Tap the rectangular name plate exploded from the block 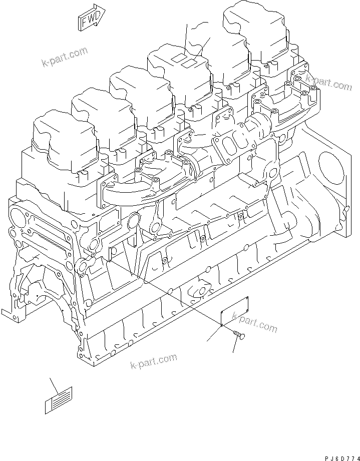click(x=236, y=311)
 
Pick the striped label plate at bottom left click(x=59, y=400)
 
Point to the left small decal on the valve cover click(x=178, y=60)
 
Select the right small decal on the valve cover click(x=189, y=64)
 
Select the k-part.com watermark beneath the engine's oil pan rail click(x=153, y=361)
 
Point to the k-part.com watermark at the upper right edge click(x=329, y=82)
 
